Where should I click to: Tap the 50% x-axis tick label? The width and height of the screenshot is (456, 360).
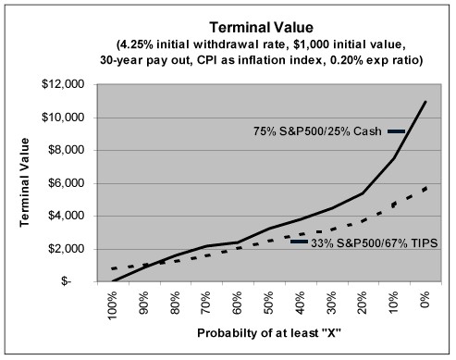point(269,303)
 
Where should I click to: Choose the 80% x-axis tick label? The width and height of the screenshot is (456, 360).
point(176,303)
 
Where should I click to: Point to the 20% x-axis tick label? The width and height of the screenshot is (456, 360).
point(364,303)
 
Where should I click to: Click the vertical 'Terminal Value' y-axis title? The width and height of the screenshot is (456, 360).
point(20,183)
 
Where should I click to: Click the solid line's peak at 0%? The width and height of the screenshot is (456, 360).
point(425,102)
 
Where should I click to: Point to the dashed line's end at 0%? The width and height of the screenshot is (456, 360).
point(425,187)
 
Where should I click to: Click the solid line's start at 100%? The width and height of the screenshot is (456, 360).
point(113,281)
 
